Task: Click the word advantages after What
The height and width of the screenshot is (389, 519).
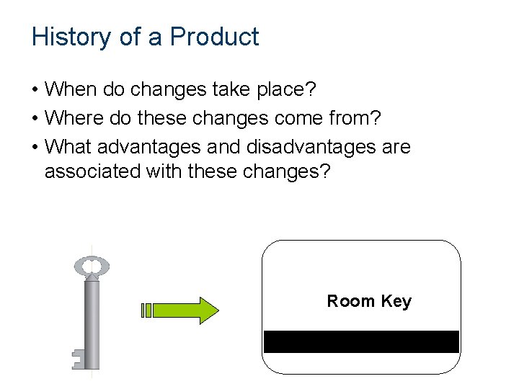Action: pos(149,148)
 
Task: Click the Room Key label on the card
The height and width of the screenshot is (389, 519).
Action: pos(369,301)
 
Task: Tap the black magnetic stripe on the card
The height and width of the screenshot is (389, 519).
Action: pos(361,341)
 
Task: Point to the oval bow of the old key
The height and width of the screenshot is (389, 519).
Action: pos(92,267)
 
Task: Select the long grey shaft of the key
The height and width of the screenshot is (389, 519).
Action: pos(92,321)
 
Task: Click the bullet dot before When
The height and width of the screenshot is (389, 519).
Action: pos(35,91)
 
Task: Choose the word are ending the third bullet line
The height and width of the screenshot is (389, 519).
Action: pos(394,148)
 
